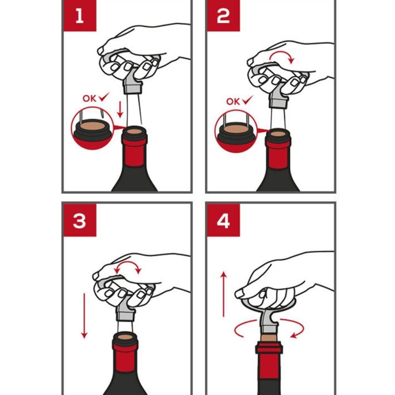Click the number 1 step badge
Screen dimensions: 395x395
pos(80,16)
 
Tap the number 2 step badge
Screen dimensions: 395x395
pos(223,16)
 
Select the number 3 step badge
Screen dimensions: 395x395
pos(80,220)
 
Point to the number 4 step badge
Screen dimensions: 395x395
pos(223,220)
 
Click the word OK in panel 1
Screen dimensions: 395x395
pos(90,98)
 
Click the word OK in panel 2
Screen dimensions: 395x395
pos(233,102)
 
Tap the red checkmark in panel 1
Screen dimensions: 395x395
pos(104,97)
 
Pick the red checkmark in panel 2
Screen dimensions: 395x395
pos(247,100)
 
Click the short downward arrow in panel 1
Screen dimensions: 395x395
pos(120,109)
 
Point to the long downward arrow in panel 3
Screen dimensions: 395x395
pos(84,316)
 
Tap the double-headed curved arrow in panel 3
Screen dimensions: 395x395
pos(128,263)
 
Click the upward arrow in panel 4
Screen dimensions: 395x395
pos(224,294)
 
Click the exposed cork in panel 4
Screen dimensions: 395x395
pos(269,338)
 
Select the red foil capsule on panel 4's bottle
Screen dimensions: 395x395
pos(269,361)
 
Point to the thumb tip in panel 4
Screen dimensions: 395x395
pos(239,293)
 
